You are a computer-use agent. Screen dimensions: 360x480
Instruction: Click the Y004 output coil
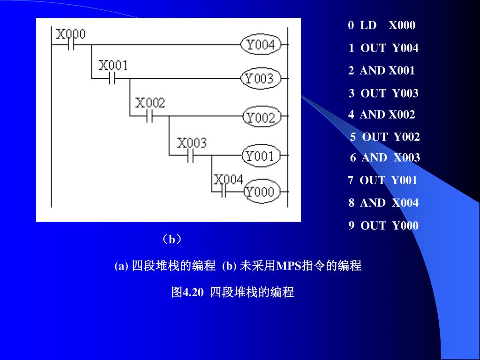(261, 45)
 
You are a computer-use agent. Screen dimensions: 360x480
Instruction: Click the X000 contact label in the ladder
(71, 34)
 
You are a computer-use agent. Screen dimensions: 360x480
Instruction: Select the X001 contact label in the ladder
(113, 66)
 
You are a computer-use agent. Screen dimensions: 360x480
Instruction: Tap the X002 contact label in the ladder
(150, 103)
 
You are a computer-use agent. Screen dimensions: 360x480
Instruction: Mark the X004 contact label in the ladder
(228, 179)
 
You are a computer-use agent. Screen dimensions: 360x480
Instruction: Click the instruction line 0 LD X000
(382, 25)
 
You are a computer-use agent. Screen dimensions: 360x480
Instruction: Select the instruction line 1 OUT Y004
(383, 48)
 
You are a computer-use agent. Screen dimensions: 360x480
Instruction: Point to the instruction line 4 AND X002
(382, 114)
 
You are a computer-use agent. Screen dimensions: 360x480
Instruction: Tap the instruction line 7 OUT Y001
(382, 180)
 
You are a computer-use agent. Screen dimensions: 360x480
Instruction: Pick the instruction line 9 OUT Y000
(383, 225)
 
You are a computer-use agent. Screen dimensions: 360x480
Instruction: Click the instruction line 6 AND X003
(385, 157)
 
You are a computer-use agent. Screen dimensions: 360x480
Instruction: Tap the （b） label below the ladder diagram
(172, 240)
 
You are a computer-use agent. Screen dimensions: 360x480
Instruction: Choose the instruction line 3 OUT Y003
(383, 93)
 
